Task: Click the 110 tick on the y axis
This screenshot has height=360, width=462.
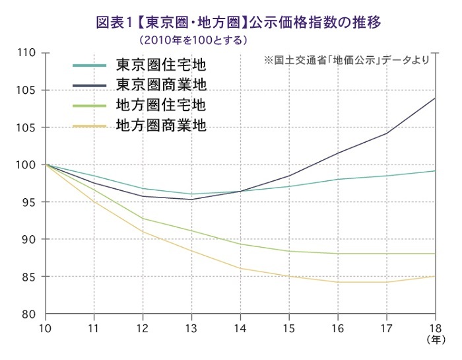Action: [x=25, y=53]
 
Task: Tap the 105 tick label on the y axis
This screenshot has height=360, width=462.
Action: [x=25, y=90]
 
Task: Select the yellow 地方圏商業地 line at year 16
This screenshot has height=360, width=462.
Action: [x=337, y=282]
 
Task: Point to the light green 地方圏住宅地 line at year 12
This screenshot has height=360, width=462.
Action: [x=143, y=219]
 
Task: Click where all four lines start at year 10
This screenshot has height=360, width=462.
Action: [x=46, y=164]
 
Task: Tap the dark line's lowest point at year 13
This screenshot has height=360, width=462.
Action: [x=191, y=199]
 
